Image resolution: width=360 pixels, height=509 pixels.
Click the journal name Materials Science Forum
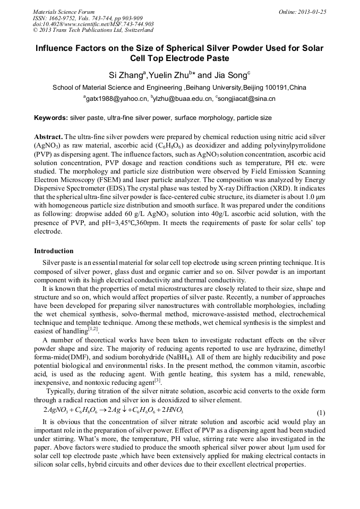(x=64, y=12)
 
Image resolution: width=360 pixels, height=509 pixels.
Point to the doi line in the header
(x=93, y=24)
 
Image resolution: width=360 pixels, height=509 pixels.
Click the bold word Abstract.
(x=48, y=136)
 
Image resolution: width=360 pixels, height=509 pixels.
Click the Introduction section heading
(x=54, y=251)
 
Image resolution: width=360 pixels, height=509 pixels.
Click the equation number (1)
(x=321, y=412)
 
